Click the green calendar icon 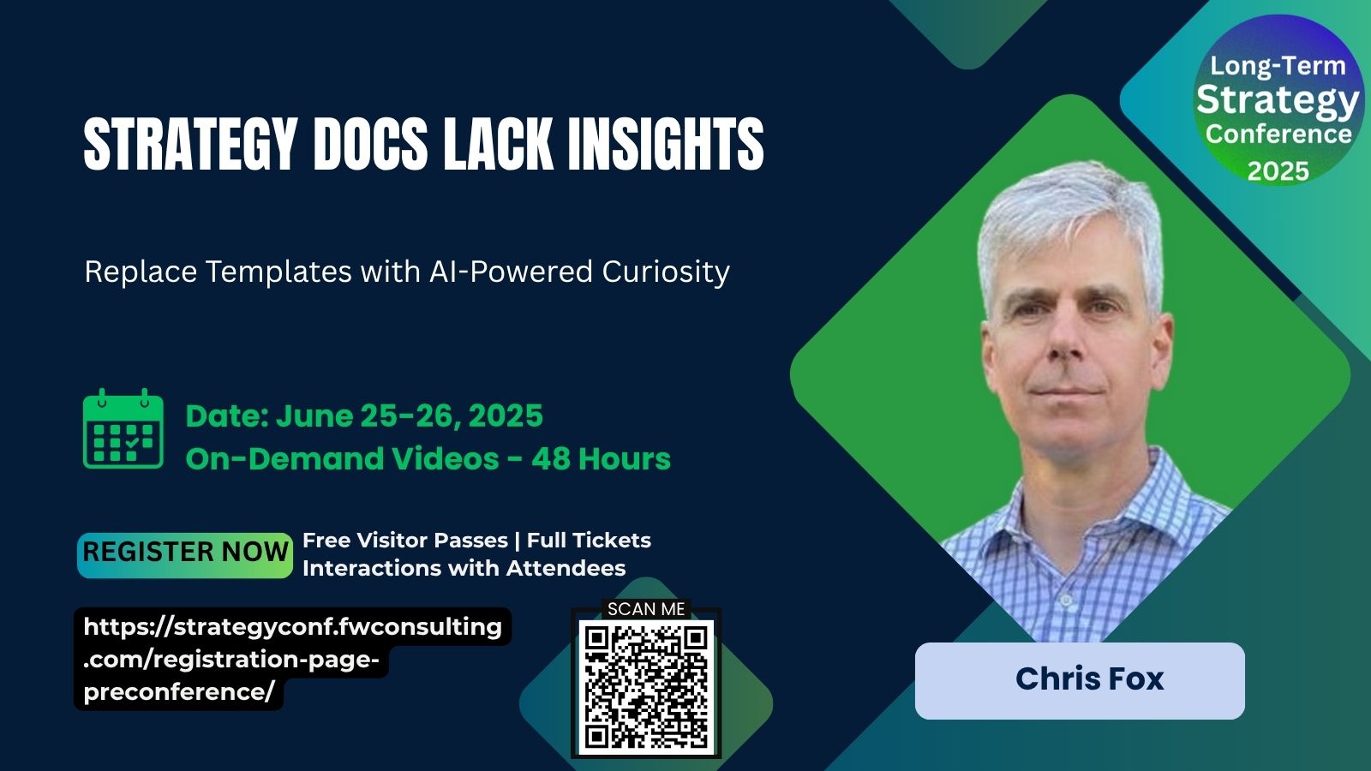(123, 429)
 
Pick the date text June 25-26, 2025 (410, 416)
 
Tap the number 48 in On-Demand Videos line (550, 459)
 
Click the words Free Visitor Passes (405, 541)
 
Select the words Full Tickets (589, 541)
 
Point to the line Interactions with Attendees (464, 569)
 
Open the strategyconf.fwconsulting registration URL (292, 659)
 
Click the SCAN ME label (646, 609)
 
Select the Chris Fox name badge (1080, 680)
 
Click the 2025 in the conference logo (1278, 171)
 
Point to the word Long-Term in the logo (1278, 66)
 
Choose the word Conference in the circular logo (1278, 134)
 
